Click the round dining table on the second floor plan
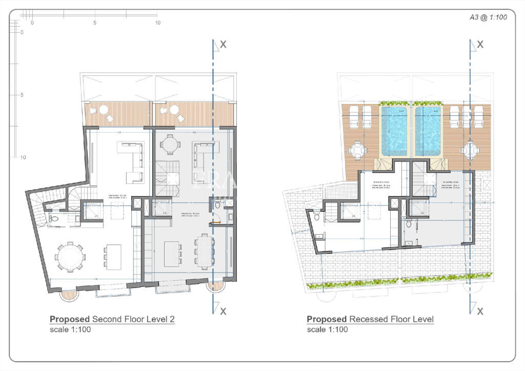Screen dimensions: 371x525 click(x=69, y=256)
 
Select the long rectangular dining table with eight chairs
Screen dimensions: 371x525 click(x=204, y=251)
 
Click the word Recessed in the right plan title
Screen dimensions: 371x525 click(x=366, y=319)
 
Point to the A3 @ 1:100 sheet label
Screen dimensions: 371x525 click(x=488, y=17)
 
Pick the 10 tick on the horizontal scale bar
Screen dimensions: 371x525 click(x=158, y=23)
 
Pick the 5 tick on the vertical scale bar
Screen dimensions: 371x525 click(x=22, y=95)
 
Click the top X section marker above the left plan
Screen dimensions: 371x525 click(x=223, y=45)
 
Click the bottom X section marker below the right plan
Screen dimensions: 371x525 click(x=480, y=311)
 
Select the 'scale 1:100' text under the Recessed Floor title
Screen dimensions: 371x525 click(x=327, y=329)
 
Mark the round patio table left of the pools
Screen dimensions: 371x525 click(x=357, y=151)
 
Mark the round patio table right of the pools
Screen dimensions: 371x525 click(x=469, y=151)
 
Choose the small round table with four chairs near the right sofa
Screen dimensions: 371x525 click(x=170, y=145)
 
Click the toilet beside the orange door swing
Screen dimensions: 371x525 click(x=217, y=205)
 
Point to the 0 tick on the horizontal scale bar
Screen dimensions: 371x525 click(x=32, y=23)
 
